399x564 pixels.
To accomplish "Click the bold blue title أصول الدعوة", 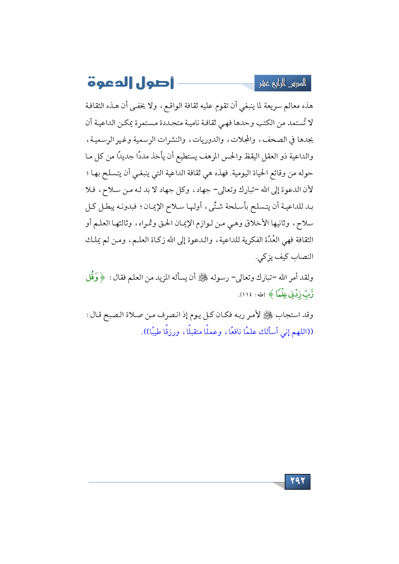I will (x=131, y=83).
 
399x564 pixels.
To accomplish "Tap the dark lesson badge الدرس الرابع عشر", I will (x=283, y=83).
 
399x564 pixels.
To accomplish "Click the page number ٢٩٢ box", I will (x=298, y=481).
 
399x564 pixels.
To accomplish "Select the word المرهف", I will (x=210, y=157).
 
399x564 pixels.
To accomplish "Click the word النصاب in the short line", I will (x=302, y=257).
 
